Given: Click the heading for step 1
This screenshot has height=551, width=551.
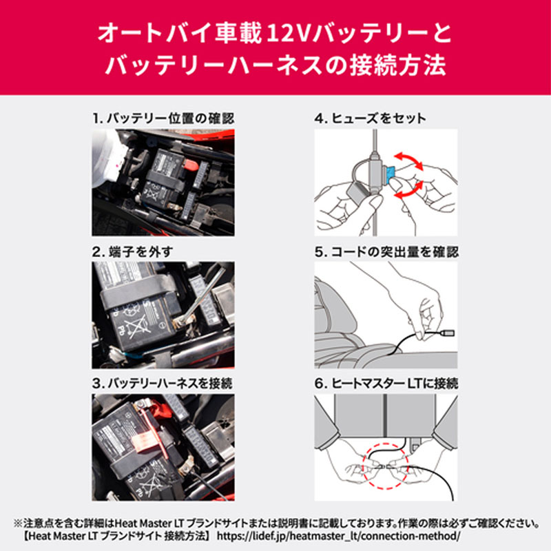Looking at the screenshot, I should click(x=163, y=118).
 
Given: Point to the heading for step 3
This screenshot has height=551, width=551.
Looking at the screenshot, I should click(x=163, y=383).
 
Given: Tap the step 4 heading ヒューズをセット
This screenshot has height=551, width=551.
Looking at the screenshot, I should click(x=371, y=118).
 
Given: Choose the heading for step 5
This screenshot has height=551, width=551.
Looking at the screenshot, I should click(x=386, y=252).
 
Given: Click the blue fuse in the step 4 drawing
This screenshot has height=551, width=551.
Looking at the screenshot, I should click(x=391, y=171).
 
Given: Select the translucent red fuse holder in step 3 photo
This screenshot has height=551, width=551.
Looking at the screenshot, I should click(x=147, y=440).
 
